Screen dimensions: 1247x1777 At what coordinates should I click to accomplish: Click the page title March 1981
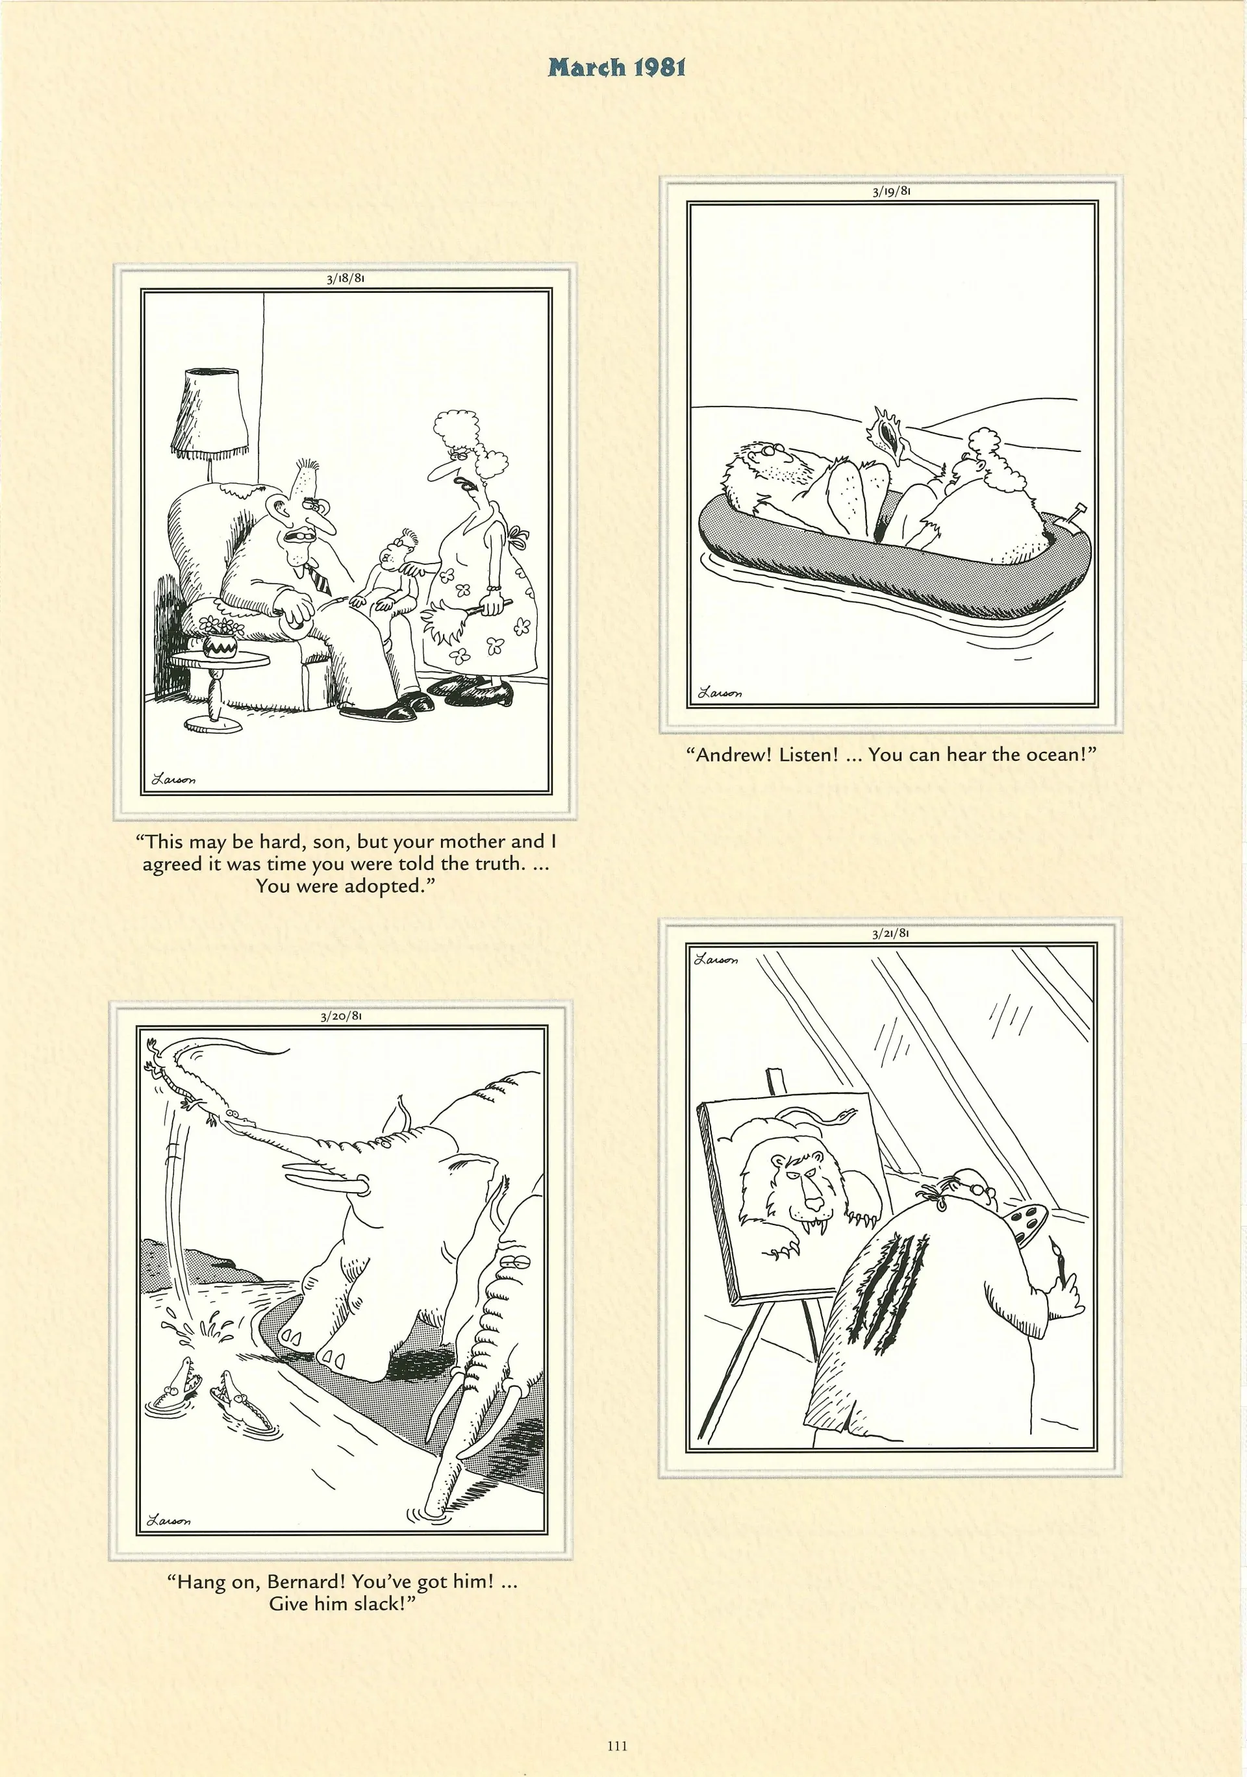617,68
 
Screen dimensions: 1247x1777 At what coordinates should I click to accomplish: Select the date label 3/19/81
891,191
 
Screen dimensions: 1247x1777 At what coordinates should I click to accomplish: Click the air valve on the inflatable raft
1077,515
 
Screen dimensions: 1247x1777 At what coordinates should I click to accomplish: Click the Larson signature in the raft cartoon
719,693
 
